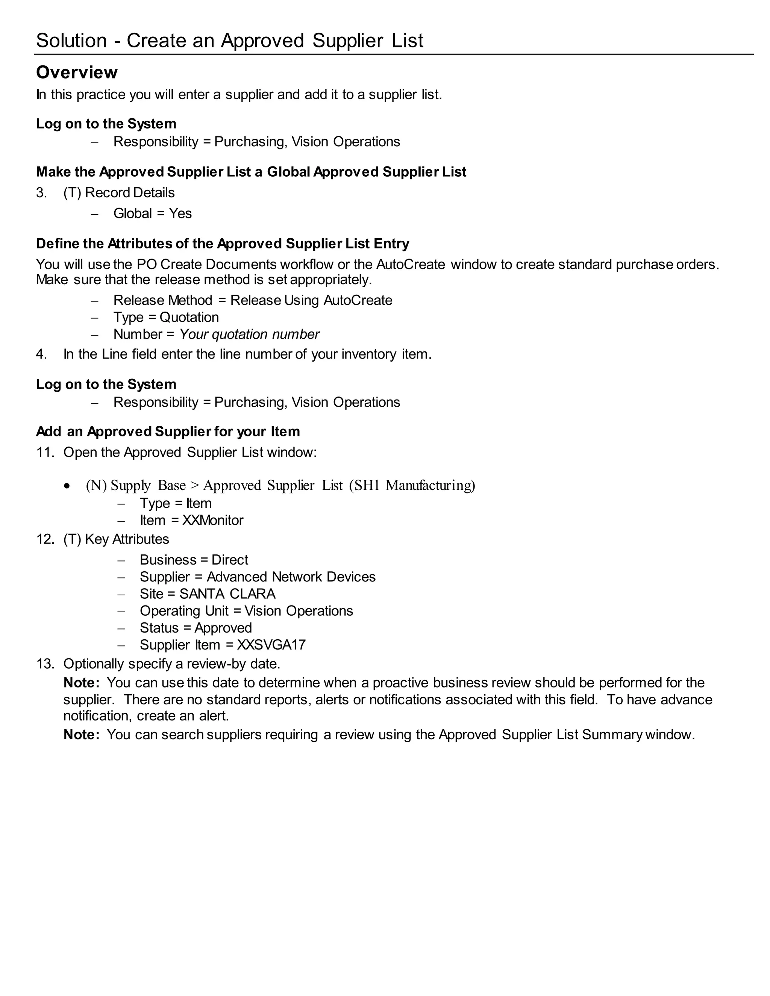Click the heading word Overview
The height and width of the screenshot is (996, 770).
point(77,73)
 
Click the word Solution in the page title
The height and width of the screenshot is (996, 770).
point(71,41)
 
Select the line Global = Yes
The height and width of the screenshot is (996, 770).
point(152,213)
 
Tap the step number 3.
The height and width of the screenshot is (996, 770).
point(41,193)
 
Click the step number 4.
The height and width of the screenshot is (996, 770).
point(41,354)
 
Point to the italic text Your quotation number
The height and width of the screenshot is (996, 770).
point(249,334)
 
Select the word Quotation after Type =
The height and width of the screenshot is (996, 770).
point(189,318)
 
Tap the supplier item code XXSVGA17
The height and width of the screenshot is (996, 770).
point(271,645)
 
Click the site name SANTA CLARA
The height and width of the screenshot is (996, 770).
point(227,594)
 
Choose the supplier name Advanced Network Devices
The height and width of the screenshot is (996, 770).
point(291,577)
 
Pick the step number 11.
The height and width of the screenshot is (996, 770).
point(45,453)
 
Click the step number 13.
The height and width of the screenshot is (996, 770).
point(45,664)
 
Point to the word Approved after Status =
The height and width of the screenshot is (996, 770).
point(223,628)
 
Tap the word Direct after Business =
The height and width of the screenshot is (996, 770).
point(229,560)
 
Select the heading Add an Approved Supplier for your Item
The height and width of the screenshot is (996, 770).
point(168,431)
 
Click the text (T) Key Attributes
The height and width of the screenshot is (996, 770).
point(116,539)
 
